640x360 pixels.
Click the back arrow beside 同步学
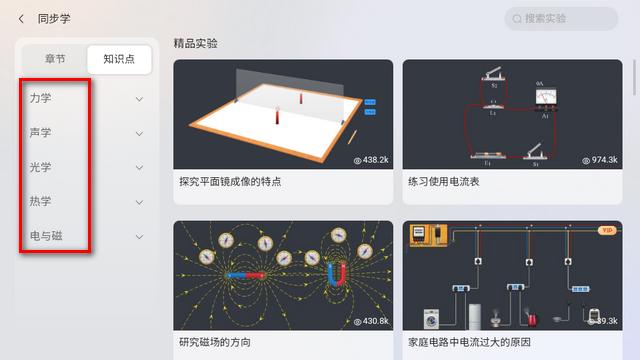(21, 18)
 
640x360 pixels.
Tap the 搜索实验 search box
(561, 18)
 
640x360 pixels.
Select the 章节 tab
(55, 59)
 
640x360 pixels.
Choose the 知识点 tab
(119, 59)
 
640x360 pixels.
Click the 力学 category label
(41, 98)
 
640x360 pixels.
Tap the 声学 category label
(41, 133)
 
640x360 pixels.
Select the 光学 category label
(41, 167)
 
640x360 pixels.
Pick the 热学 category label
(41, 202)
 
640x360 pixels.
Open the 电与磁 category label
(45, 236)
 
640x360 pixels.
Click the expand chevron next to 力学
(139, 99)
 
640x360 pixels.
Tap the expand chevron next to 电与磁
(139, 237)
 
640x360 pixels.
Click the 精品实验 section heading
(195, 44)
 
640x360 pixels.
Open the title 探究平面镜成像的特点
(230, 182)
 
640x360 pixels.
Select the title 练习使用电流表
(444, 182)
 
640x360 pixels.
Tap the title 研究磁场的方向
(215, 343)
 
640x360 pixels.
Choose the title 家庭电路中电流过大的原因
(469, 343)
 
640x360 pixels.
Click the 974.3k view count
(599, 160)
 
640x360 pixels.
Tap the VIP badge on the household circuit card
(606, 231)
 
